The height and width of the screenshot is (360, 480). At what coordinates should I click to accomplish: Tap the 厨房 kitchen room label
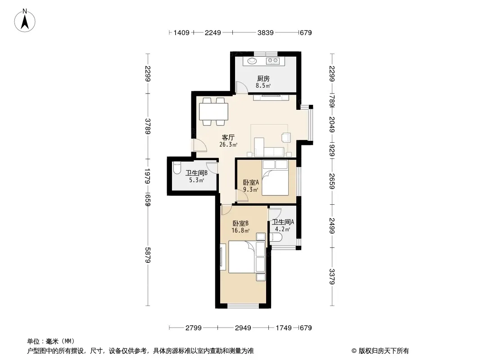[x=263, y=79]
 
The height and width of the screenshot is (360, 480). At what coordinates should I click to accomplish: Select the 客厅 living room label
[x=228, y=137]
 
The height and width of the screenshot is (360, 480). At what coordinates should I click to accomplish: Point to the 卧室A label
[x=251, y=182]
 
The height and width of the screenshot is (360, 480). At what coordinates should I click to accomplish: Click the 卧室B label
[x=240, y=223]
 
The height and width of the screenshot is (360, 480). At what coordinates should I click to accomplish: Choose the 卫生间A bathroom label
[x=283, y=222]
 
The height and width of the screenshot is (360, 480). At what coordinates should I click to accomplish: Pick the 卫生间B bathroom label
[x=196, y=173]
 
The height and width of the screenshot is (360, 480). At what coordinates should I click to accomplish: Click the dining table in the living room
[x=214, y=112]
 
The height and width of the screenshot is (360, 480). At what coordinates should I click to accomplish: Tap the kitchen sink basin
[x=252, y=61]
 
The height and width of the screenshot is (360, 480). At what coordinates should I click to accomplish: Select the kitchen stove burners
[x=273, y=61]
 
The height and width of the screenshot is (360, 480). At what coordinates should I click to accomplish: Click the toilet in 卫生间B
[x=177, y=169]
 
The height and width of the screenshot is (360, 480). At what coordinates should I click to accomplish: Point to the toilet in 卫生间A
[x=276, y=238]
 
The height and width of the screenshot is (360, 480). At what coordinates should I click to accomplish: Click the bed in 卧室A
[x=275, y=178]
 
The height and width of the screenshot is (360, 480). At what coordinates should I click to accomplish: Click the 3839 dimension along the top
[x=265, y=33]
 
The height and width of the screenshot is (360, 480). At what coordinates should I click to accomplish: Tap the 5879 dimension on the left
[x=148, y=255]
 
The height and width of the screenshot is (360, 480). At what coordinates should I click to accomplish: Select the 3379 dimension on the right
[x=332, y=276]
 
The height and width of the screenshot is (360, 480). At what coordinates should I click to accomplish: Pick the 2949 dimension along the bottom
[x=243, y=328]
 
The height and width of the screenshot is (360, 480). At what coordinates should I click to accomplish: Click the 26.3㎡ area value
[x=228, y=144]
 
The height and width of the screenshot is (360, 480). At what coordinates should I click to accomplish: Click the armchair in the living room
[x=286, y=137]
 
